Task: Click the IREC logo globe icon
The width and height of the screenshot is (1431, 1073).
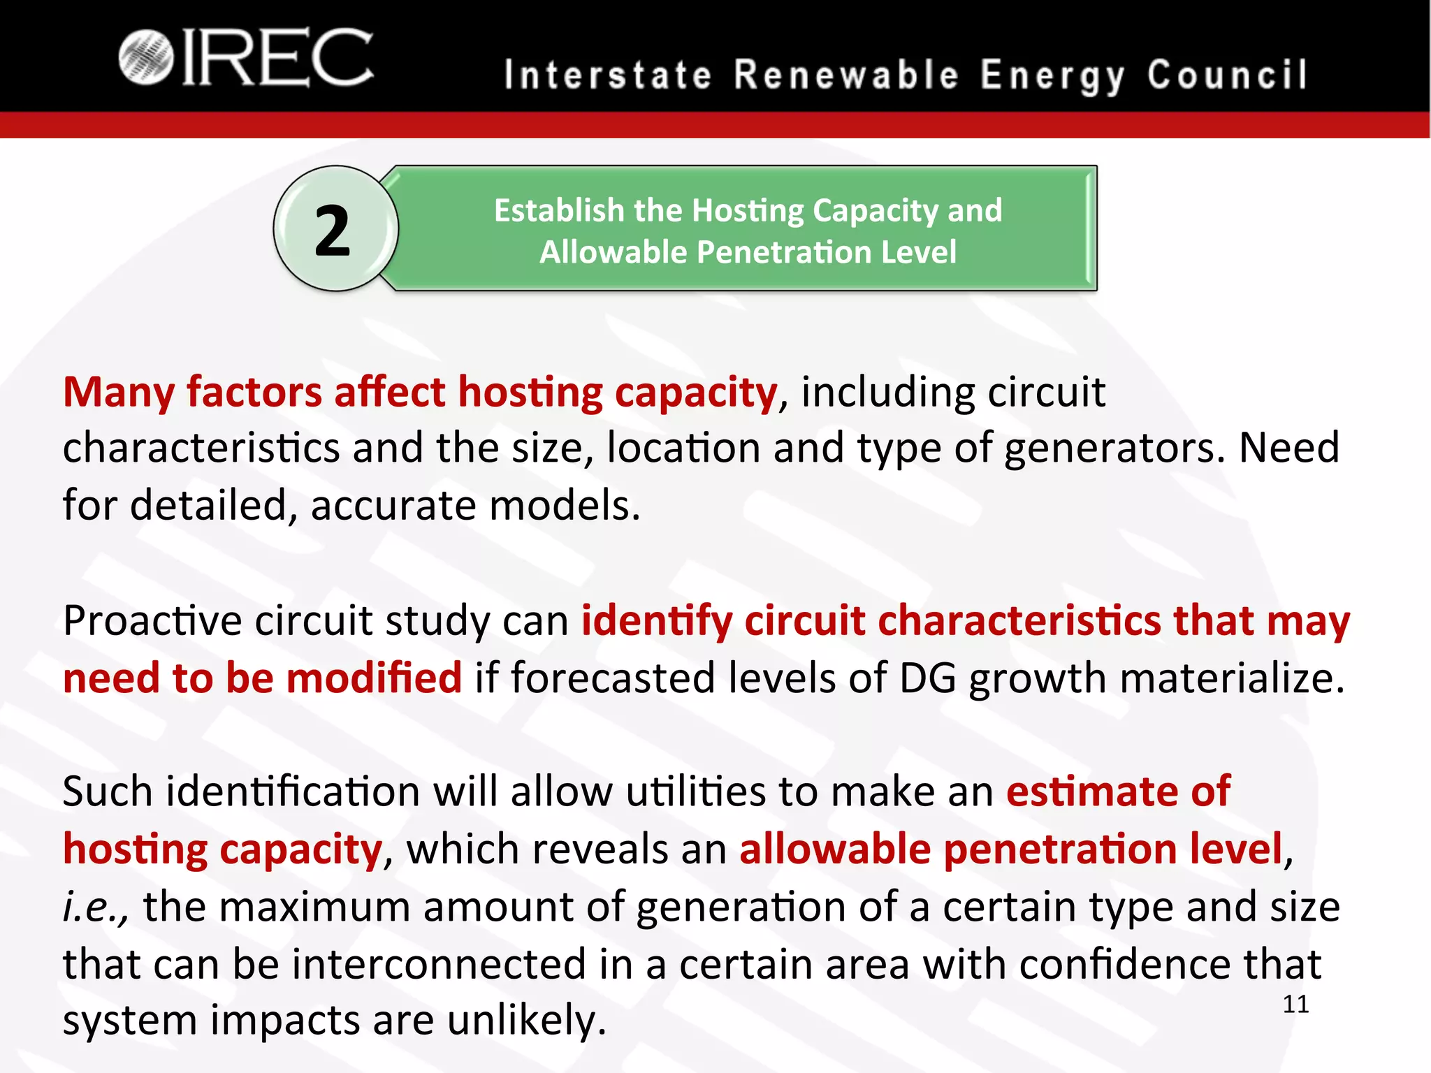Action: (145, 58)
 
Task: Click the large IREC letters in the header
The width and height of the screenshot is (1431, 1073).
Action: (277, 58)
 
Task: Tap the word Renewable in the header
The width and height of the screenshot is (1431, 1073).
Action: (846, 75)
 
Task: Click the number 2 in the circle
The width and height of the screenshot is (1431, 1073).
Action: (332, 231)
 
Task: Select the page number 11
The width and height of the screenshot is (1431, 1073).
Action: (1295, 1005)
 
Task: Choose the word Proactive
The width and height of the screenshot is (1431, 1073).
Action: (152, 620)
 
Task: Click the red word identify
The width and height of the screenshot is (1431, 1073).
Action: (657, 622)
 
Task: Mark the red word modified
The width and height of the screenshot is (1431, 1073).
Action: (374, 678)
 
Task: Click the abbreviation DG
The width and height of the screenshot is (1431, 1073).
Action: (927, 678)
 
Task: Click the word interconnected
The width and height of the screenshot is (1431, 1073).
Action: (439, 965)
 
